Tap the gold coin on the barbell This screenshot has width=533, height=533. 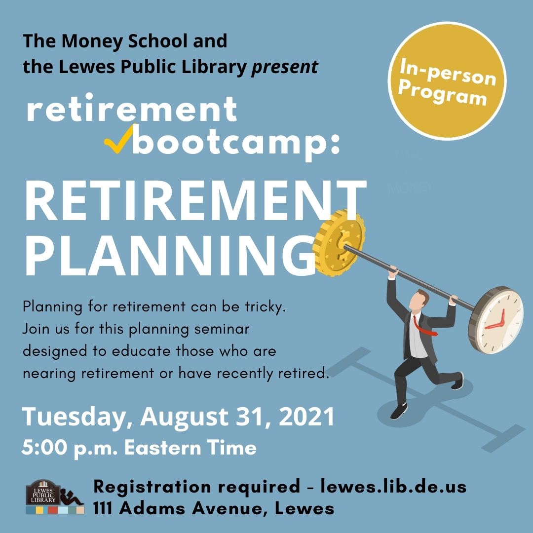pos(339,242)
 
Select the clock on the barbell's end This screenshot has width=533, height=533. pos(496,320)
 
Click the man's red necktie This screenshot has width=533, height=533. pos(423,326)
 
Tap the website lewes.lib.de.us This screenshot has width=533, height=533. pos(393,487)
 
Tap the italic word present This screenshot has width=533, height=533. pos(285,67)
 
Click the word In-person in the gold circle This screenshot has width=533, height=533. pos(448,72)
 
